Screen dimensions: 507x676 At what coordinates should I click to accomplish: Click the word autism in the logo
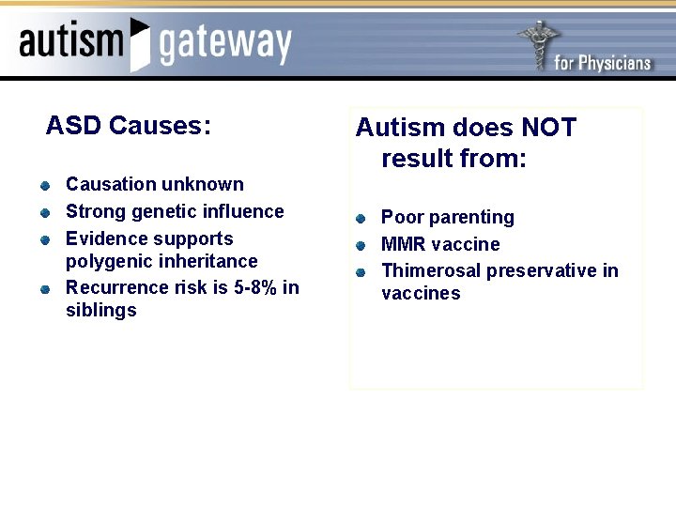71,41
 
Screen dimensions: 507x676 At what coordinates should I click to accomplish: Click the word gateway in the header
225,44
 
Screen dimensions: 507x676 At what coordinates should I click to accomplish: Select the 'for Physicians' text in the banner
602,63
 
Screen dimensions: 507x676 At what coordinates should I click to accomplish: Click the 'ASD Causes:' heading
129,125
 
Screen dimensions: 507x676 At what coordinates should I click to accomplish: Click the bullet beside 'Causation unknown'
44,185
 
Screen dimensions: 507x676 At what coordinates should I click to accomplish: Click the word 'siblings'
101,310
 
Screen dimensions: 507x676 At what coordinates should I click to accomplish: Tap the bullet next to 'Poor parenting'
361,219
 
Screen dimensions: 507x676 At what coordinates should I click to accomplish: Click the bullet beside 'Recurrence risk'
44,288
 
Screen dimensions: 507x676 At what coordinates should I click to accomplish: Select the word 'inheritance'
211,261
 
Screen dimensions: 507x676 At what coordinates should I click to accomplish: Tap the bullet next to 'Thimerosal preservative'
361,272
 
